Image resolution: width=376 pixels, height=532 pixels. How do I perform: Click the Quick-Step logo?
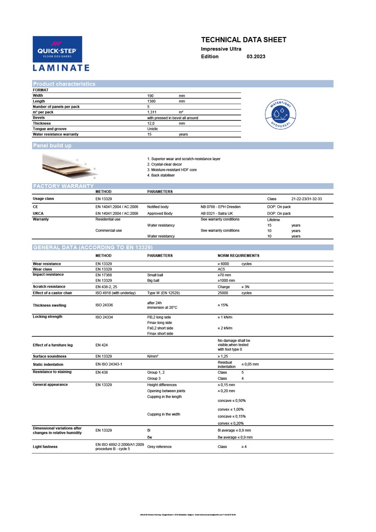57,49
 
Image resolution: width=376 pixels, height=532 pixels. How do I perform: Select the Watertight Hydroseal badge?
280,114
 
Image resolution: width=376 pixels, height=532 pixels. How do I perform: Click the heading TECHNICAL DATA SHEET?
243,40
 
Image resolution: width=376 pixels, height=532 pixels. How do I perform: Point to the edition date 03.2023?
256,57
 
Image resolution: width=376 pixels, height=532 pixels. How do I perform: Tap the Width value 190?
151,96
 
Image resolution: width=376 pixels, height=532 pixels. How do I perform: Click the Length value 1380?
152,101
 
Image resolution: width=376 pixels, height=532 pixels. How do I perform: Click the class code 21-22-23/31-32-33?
307,199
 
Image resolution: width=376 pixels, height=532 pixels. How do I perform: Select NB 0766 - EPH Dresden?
221,207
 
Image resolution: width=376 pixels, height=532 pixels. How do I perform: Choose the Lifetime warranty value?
273,220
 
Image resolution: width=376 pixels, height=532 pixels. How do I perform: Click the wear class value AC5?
221,269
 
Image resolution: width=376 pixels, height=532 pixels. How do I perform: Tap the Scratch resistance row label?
49,287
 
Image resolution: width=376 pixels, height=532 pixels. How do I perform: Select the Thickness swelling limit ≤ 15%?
223,305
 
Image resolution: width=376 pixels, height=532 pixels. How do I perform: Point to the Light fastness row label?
45,447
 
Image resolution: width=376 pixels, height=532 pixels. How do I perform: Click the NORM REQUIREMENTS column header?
238,256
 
